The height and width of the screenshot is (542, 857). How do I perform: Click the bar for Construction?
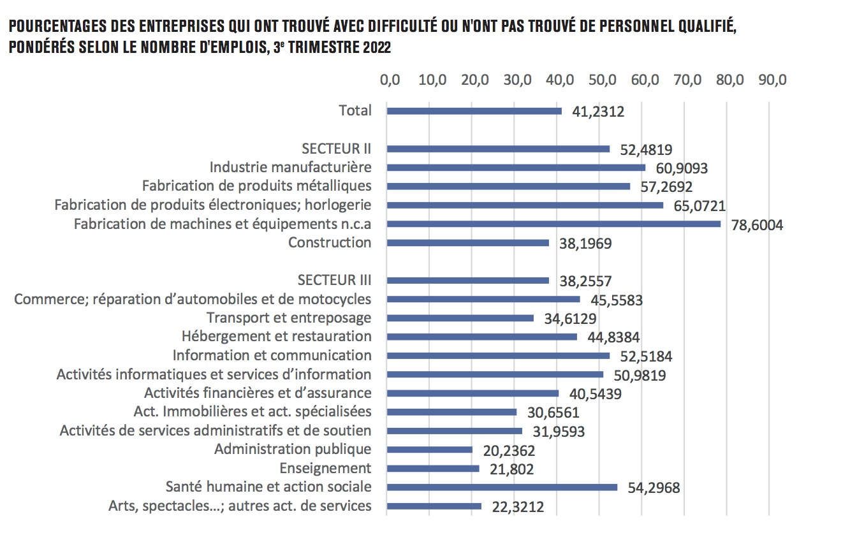468,243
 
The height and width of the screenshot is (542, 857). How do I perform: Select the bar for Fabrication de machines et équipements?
553,224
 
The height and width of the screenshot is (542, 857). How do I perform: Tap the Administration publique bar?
430,450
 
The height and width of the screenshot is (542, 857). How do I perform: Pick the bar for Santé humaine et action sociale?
502,487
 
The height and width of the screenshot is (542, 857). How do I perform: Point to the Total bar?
474,111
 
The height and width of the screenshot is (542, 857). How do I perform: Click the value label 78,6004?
757,225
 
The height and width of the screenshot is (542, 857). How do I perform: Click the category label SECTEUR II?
336,149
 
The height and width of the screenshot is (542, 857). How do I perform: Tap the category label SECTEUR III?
334,280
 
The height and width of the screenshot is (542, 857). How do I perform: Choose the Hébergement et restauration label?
276,336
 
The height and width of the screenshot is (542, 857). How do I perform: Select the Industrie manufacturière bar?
516,168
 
